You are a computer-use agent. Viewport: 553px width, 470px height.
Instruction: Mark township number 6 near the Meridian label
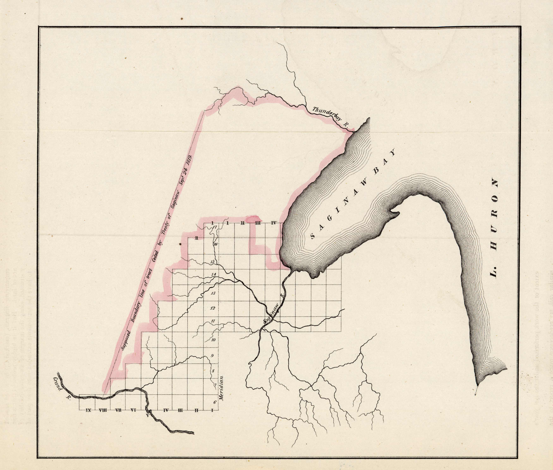point(215,402)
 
